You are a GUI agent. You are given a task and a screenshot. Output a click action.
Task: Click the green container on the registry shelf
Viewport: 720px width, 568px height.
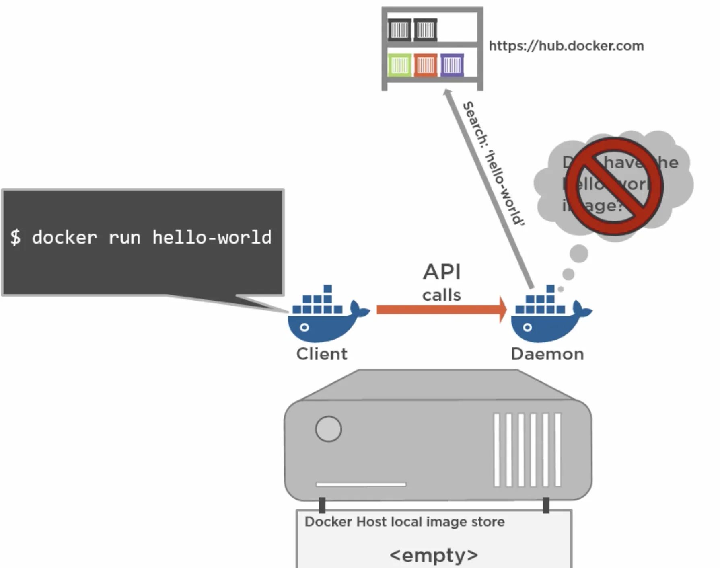(x=400, y=65)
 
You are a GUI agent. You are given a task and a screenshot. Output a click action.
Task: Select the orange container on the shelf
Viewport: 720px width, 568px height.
(x=426, y=65)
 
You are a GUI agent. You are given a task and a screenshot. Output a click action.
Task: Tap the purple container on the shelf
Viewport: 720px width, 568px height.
(x=452, y=65)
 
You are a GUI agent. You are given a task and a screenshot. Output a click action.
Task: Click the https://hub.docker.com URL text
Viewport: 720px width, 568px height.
(x=566, y=46)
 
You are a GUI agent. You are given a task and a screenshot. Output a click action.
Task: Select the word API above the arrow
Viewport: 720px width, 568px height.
(x=442, y=272)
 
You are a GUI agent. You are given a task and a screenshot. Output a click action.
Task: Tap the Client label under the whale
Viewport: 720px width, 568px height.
(x=322, y=354)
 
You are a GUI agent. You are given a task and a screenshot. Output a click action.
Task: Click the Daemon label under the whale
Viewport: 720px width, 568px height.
(x=547, y=354)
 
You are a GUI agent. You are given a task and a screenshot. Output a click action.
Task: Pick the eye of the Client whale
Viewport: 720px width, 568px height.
(x=304, y=327)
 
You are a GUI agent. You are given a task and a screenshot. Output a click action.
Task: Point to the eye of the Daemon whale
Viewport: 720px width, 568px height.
(x=528, y=327)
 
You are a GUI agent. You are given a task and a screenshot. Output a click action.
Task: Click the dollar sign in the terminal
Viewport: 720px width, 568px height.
(x=15, y=237)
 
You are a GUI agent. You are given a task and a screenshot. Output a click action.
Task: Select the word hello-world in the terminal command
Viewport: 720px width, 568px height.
(x=212, y=237)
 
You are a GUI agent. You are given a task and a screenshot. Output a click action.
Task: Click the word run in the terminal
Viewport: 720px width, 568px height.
(x=124, y=238)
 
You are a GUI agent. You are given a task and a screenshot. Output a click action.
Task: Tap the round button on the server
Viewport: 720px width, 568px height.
(x=328, y=429)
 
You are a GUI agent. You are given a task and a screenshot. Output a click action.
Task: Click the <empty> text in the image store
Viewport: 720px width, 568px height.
(x=434, y=555)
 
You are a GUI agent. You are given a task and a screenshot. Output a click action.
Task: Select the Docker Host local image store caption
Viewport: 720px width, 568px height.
(x=404, y=522)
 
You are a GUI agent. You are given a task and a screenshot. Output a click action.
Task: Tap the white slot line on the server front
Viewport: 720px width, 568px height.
(x=361, y=484)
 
